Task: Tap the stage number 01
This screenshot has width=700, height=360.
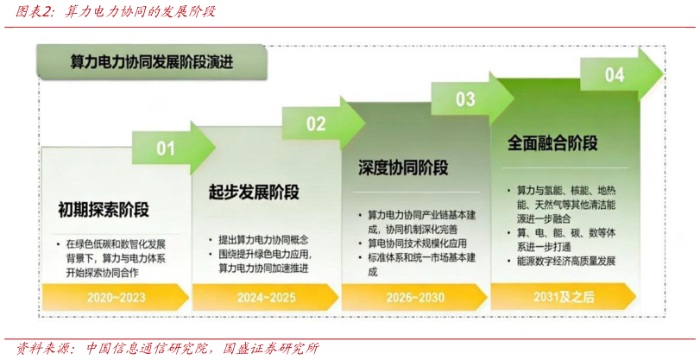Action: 166,148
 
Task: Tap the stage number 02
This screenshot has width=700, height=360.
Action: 316,123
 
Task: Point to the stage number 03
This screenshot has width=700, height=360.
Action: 465,99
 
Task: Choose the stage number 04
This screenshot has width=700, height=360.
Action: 614,74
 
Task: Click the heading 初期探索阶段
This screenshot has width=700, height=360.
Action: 104,210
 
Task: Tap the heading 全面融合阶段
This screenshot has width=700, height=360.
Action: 552,142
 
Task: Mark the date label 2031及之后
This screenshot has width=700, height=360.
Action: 563,297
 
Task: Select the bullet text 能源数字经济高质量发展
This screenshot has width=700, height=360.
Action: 565,261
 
